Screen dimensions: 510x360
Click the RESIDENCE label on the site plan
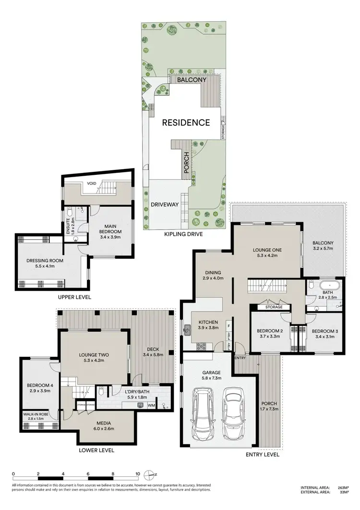pyautogui.click(x=185, y=122)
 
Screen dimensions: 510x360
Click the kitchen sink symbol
pyautogui.click(x=186, y=329)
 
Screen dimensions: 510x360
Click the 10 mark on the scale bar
pyautogui.click(x=138, y=474)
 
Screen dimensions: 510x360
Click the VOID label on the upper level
pyautogui.click(x=92, y=183)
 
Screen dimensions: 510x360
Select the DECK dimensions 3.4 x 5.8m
pyautogui.click(x=153, y=356)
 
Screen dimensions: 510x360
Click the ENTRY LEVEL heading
pyautogui.click(x=263, y=454)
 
